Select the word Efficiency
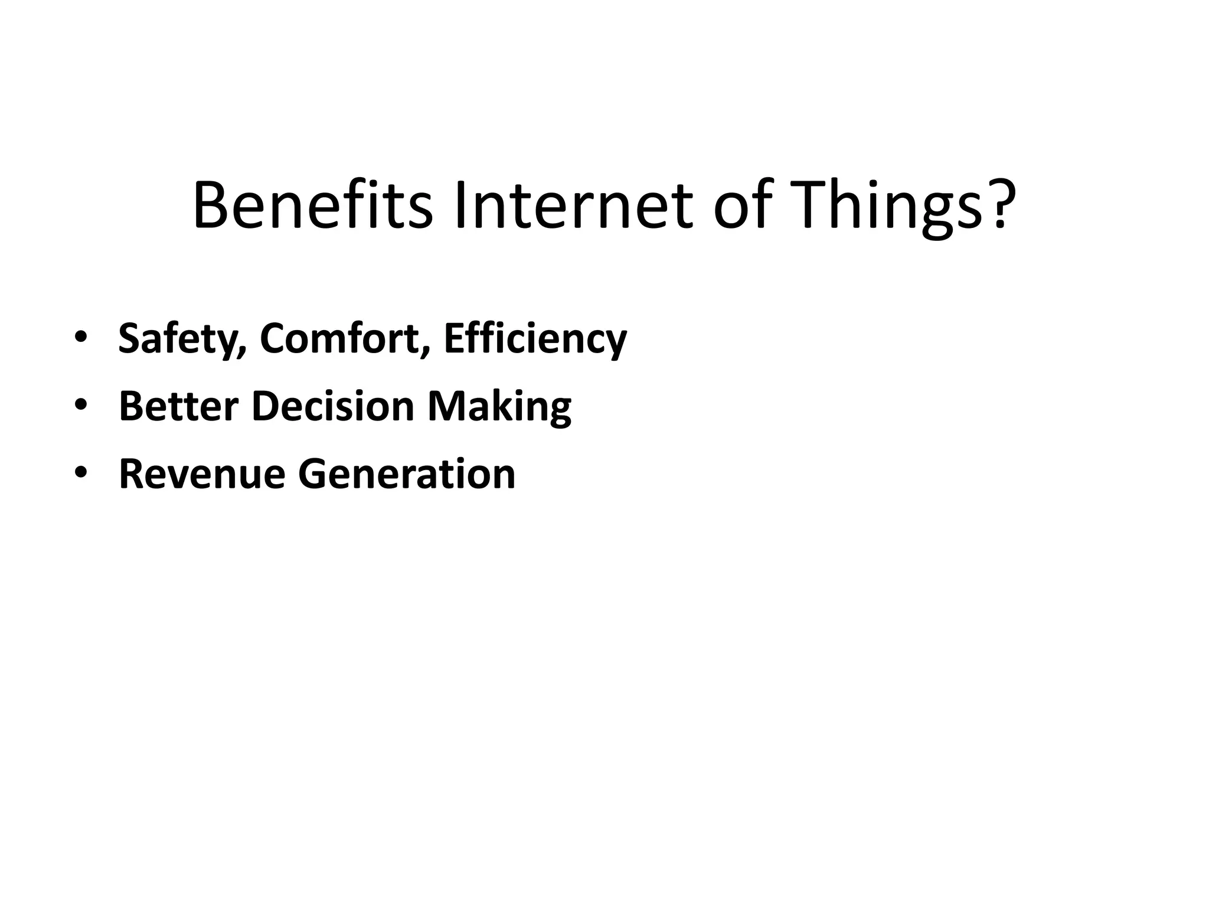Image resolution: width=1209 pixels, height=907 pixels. tap(535, 339)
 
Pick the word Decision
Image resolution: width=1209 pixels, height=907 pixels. tap(333, 406)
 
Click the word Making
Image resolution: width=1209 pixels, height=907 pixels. tap(499, 407)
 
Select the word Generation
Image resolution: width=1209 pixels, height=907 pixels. tap(407, 474)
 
